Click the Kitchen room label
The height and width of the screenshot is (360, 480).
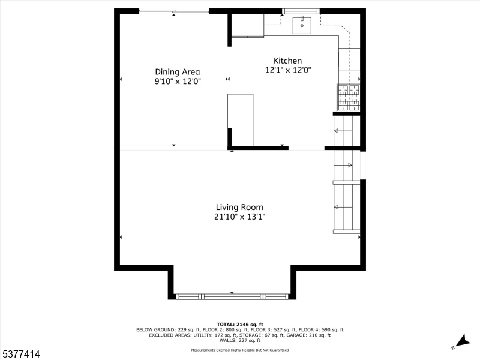[x=287, y=61]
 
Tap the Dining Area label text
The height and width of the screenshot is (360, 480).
[x=178, y=72]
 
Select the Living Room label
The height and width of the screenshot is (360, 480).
[x=239, y=207]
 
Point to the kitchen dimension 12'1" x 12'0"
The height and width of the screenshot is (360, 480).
[x=288, y=70]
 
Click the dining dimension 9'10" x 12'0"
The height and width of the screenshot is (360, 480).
[x=178, y=82]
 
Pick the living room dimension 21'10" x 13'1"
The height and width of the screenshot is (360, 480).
[x=239, y=217]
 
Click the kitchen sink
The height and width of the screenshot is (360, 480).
[x=302, y=25]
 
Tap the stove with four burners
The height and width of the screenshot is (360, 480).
[x=349, y=97]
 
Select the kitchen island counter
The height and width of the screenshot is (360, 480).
[x=241, y=120]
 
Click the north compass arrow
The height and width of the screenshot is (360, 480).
[x=463, y=341]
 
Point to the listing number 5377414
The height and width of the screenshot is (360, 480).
[x=20, y=354]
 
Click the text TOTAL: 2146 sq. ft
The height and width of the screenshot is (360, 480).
[x=239, y=325]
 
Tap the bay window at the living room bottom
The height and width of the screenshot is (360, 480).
[x=232, y=296]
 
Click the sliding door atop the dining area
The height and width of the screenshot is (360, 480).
[x=174, y=11]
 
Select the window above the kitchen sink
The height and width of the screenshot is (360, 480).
[x=301, y=11]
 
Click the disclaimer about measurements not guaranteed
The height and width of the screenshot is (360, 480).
[x=239, y=350]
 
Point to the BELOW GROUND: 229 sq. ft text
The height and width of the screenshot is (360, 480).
[x=168, y=329]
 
